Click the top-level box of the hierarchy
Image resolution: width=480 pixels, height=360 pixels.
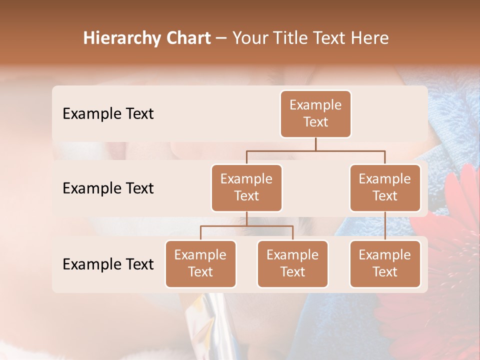pyautogui.click(x=315, y=113)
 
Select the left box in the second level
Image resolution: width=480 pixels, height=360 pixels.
pyautogui.click(x=246, y=187)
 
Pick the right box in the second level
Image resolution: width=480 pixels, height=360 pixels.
pyautogui.click(x=385, y=187)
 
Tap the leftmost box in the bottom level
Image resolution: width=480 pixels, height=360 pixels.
pyautogui.click(x=200, y=263)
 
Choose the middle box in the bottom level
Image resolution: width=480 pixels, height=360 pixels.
pyautogui.click(x=292, y=263)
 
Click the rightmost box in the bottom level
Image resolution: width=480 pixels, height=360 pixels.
pyautogui.click(x=385, y=263)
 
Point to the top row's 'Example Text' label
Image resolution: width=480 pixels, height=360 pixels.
pyautogui.click(x=108, y=113)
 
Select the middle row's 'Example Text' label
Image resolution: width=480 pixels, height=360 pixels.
pyautogui.click(x=108, y=188)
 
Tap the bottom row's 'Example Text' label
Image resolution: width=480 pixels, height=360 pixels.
pyautogui.click(x=108, y=264)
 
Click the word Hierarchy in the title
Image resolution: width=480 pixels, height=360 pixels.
pyautogui.click(x=121, y=38)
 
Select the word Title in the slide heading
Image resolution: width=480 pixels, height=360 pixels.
pyautogui.click(x=290, y=38)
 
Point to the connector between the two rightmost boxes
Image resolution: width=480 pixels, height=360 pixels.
pyautogui.click(x=385, y=225)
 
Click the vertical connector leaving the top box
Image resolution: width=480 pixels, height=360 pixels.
pyautogui.click(x=315, y=144)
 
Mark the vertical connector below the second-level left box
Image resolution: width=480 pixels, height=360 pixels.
pyautogui.click(x=246, y=218)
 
